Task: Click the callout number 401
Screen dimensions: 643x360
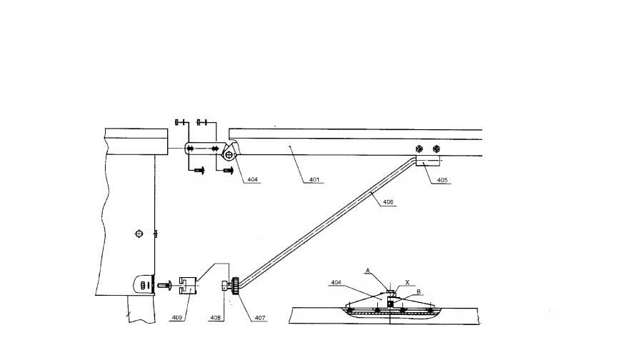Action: point(314,179)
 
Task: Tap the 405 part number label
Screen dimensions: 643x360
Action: point(442,180)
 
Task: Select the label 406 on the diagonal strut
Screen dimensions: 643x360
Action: point(388,201)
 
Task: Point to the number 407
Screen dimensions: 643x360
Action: point(260,318)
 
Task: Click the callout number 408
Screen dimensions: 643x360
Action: point(215,318)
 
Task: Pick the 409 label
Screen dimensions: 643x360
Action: point(176,318)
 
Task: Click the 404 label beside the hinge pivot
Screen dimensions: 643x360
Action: point(253,179)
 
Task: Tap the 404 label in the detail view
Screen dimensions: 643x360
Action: point(337,283)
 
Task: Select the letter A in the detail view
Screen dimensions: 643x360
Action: point(368,271)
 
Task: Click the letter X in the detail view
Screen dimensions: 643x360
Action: point(407,283)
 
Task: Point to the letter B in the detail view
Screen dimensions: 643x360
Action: point(419,292)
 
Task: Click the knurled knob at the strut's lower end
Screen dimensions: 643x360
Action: point(235,286)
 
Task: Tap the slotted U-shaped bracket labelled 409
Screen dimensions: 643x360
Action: point(189,286)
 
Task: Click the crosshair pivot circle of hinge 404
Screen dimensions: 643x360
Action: point(229,155)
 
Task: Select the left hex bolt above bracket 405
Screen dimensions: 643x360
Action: point(419,149)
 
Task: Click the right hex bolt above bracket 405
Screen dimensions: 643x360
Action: point(437,149)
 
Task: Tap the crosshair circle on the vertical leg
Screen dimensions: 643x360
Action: point(139,234)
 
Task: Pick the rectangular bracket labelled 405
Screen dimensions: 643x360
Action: point(428,160)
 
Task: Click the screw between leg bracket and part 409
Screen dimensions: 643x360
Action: point(164,284)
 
